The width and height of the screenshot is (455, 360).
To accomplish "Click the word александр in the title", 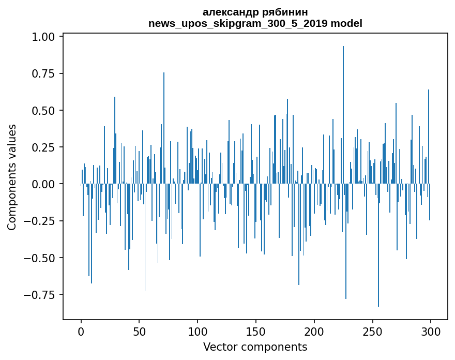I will click(x=228, y=12).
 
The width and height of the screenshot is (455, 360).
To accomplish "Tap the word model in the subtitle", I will click(x=346, y=23).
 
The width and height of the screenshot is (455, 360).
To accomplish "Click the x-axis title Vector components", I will click(x=255, y=347).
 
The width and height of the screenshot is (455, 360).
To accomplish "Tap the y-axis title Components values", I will click(x=12, y=177).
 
